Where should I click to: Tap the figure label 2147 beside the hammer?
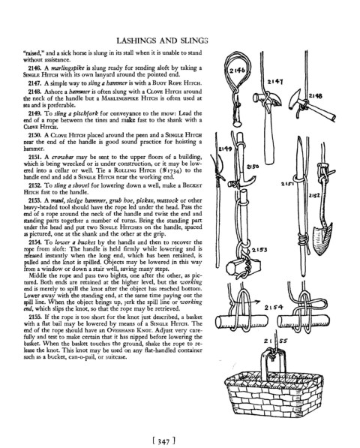275,82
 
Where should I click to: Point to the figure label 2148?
315,96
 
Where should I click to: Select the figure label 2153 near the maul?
259,251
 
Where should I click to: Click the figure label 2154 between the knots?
274,308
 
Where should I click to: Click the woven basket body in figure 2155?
274,394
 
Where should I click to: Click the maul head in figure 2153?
243,266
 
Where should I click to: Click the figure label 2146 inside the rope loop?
237,71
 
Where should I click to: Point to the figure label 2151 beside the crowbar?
286,185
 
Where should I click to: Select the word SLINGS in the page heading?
193,41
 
